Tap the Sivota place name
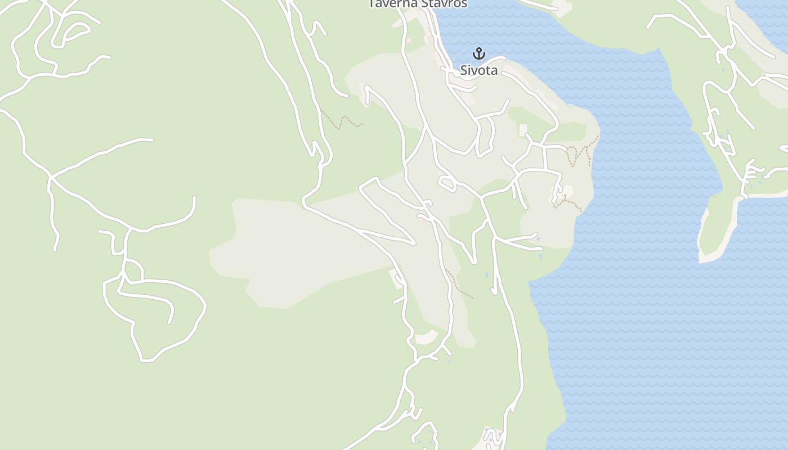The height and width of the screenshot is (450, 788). pyautogui.click(x=479, y=70)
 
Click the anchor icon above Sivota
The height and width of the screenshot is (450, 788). pyautogui.click(x=478, y=53)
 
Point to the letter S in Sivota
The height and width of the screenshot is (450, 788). pyautogui.click(x=464, y=70)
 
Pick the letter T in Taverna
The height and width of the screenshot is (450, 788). pyautogui.click(x=372, y=3)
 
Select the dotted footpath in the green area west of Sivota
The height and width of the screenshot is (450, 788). pyautogui.click(x=342, y=121)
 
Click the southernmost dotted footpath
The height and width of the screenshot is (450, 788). pyautogui.click(x=459, y=286)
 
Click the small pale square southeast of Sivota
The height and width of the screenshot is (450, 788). pyautogui.click(x=523, y=130)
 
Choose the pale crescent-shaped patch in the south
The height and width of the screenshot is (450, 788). pyautogui.click(x=426, y=338)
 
